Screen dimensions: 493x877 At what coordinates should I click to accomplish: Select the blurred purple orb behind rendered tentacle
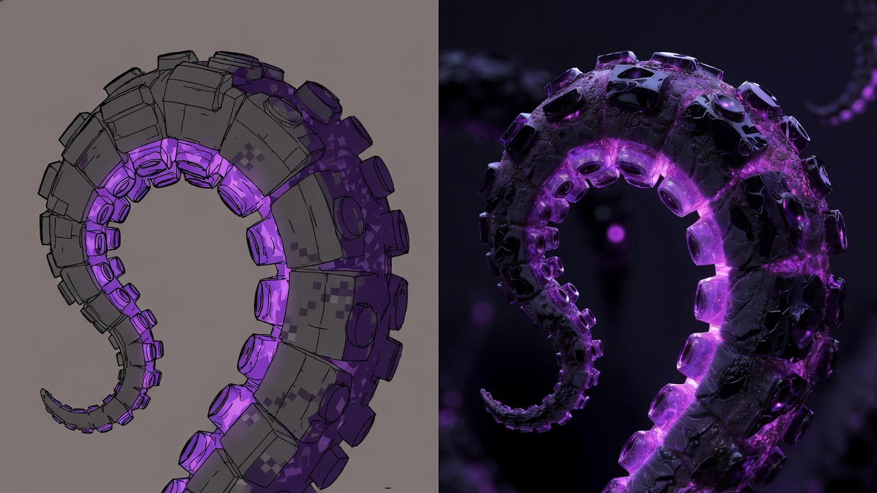click(615, 233)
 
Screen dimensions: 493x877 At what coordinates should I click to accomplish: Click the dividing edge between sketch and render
click(438, 246)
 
